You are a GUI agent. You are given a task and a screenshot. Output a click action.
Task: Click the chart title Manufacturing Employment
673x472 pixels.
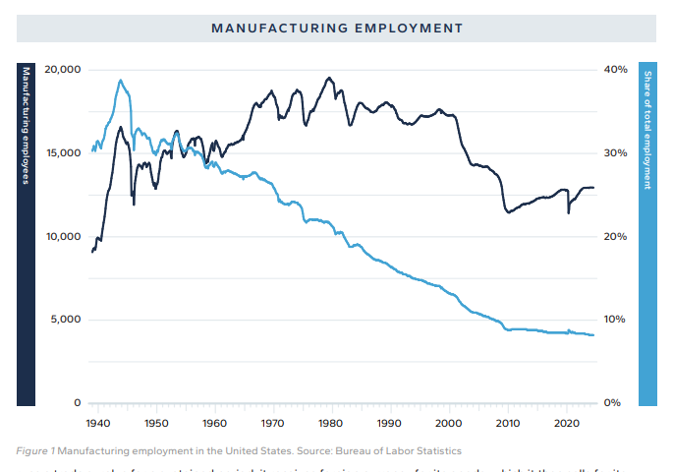coord(336,28)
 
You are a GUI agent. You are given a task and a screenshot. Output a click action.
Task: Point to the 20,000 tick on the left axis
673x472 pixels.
coord(63,70)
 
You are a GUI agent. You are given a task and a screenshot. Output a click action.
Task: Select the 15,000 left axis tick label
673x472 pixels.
coord(63,153)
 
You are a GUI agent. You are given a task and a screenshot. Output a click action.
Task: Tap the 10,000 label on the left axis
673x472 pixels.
coord(63,237)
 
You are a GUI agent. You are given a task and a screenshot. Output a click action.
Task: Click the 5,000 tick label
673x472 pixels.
coord(66,320)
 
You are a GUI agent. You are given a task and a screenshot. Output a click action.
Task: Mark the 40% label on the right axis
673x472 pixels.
coord(616,70)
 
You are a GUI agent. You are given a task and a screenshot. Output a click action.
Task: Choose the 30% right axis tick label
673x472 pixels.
coord(616,153)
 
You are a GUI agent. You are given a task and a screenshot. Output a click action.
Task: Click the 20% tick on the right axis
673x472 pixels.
coord(616,237)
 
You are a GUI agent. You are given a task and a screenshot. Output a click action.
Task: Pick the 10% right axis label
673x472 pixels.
coord(616,320)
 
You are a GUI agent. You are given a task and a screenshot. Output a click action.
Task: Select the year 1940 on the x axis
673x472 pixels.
coord(96,423)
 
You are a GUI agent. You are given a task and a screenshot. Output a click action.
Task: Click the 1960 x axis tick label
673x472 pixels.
coord(214,423)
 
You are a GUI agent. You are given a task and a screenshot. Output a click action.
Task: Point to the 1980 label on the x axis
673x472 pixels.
coord(331,423)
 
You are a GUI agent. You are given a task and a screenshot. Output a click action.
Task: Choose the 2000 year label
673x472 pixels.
coord(449,423)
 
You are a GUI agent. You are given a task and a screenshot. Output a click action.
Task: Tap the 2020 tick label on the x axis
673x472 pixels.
coord(566,423)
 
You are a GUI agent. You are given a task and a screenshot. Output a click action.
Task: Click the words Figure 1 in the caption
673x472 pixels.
coord(35,450)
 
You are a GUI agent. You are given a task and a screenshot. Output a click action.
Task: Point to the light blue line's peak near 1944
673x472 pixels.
coord(120,81)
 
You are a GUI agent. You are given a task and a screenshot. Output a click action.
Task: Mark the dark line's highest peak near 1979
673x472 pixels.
coord(329,78)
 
